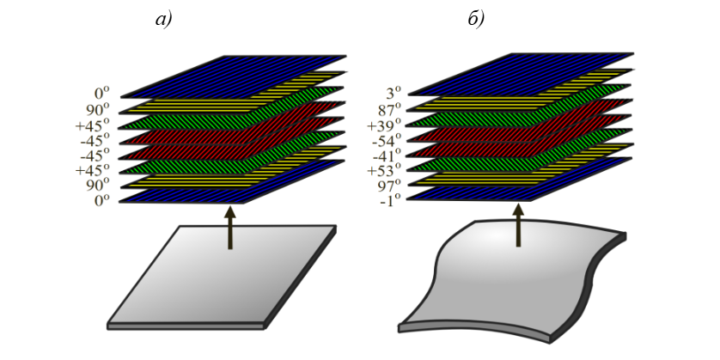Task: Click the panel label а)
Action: pyautogui.click(x=163, y=20)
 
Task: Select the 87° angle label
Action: pyautogui.click(x=389, y=111)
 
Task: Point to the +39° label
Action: pyautogui.click(x=385, y=125)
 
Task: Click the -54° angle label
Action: pyautogui.click(x=387, y=140)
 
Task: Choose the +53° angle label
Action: pyautogui.click(x=385, y=170)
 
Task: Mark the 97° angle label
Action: pyautogui.click(x=389, y=185)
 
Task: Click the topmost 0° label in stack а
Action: pyautogui.click(x=102, y=94)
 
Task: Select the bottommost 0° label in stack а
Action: pyautogui.click(x=102, y=200)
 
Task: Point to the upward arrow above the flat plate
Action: pyautogui.click(x=230, y=228)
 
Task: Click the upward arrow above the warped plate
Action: pyautogui.click(x=518, y=226)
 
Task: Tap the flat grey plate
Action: pyautogui.click(x=222, y=277)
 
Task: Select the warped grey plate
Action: pyautogui.click(x=512, y=280)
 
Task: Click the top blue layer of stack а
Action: pyautogui.click(x=233, y=76)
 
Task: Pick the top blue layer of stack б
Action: pyautogui.click(x=521, y=74)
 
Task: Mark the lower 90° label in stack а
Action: pyautogui.click(x=98, y=185)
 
